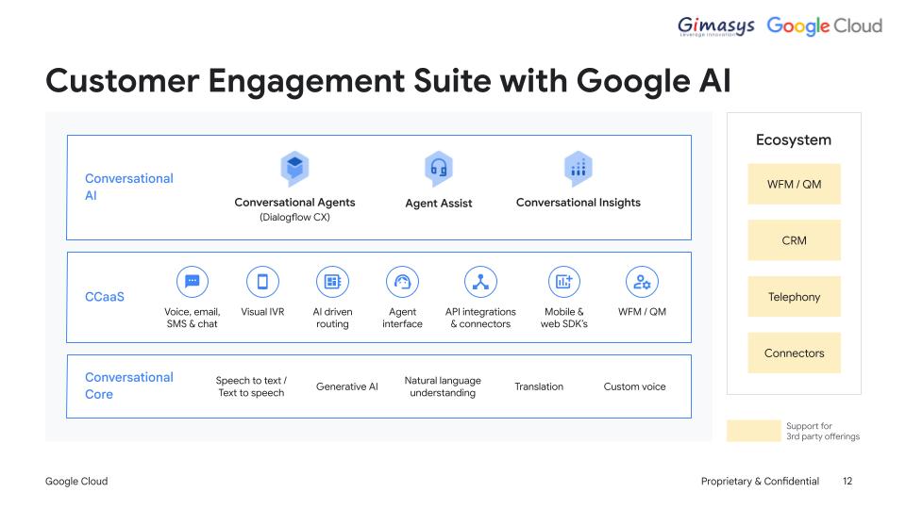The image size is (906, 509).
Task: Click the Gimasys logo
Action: (x=716, y=26)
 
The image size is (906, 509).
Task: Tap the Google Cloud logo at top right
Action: (x=825, y=25)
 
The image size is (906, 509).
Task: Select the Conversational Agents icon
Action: (x=294, y=169)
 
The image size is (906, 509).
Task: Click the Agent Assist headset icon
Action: (x=439, y=169)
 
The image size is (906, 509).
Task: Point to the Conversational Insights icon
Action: (x=579, y=169)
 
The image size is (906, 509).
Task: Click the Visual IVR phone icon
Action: (x=262, y=282)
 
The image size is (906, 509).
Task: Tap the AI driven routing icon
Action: (x=332, y=282)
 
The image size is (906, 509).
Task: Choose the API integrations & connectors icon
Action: (x=480, y=282)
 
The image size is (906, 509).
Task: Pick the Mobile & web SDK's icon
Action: (x=564, y=282)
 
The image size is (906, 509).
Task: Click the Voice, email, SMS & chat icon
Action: (x=193, y=282)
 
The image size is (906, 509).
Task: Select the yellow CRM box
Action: (x=794, y=240)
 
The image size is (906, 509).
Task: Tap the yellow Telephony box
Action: (x=794, y=297)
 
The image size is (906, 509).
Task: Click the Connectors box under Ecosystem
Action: (x=794, y=353)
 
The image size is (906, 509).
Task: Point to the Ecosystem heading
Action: (x=794, y=140)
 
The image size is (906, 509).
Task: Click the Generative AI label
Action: (x=346, y=386)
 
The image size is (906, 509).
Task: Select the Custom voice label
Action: (x=634, y=386)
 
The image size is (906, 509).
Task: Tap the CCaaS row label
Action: (x=105, y=297)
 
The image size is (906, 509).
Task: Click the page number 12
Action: (x=847, y=482)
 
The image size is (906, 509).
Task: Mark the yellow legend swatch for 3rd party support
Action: (x=753, y=431)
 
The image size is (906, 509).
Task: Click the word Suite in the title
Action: (x=452, y=81)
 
